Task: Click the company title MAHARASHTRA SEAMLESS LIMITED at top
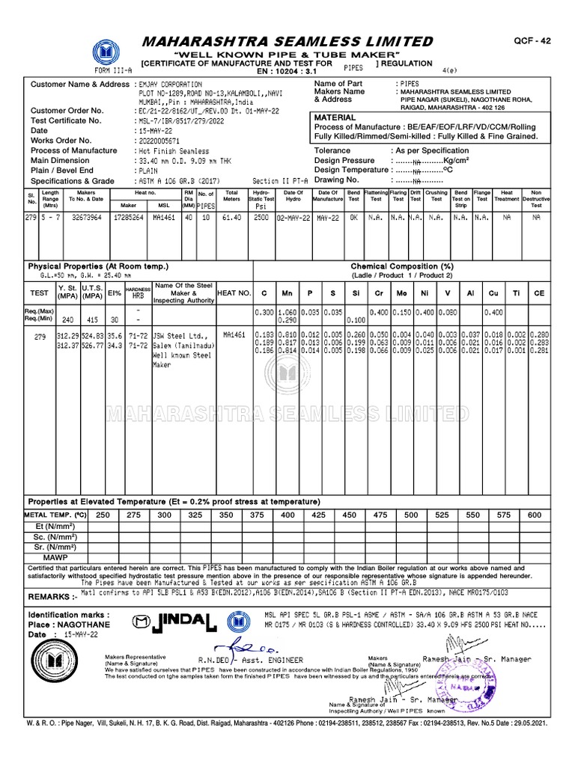pos(287,41)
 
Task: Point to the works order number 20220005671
pos(164,141)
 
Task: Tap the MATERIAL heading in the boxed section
pos(335,118)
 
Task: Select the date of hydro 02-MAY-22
pos(293,217)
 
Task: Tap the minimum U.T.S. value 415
pos(91,319)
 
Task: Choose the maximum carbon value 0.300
pos(264,311)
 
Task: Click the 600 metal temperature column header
pos(535,515)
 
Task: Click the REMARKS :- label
pos(52,597)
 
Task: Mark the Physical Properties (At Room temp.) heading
pos(98,266)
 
